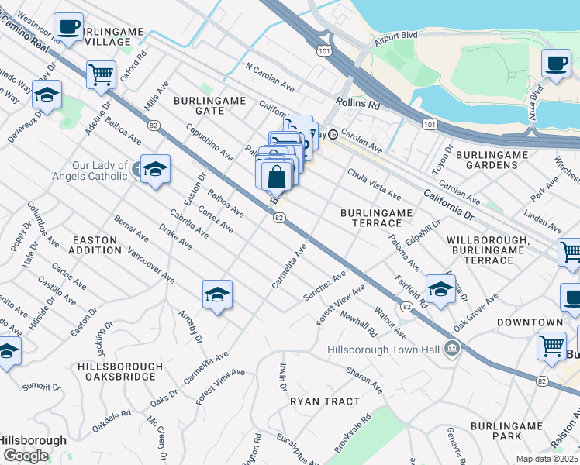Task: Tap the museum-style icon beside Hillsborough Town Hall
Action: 451,350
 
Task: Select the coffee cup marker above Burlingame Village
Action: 69,28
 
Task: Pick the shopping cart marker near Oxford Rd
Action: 101,75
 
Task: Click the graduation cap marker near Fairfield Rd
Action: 440,288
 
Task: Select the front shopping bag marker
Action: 276,177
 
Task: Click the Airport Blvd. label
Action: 396,36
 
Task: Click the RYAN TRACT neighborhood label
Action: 325,401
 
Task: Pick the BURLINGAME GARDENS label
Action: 492,160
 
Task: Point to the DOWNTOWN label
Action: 530,322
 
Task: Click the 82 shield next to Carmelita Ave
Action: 278,219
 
